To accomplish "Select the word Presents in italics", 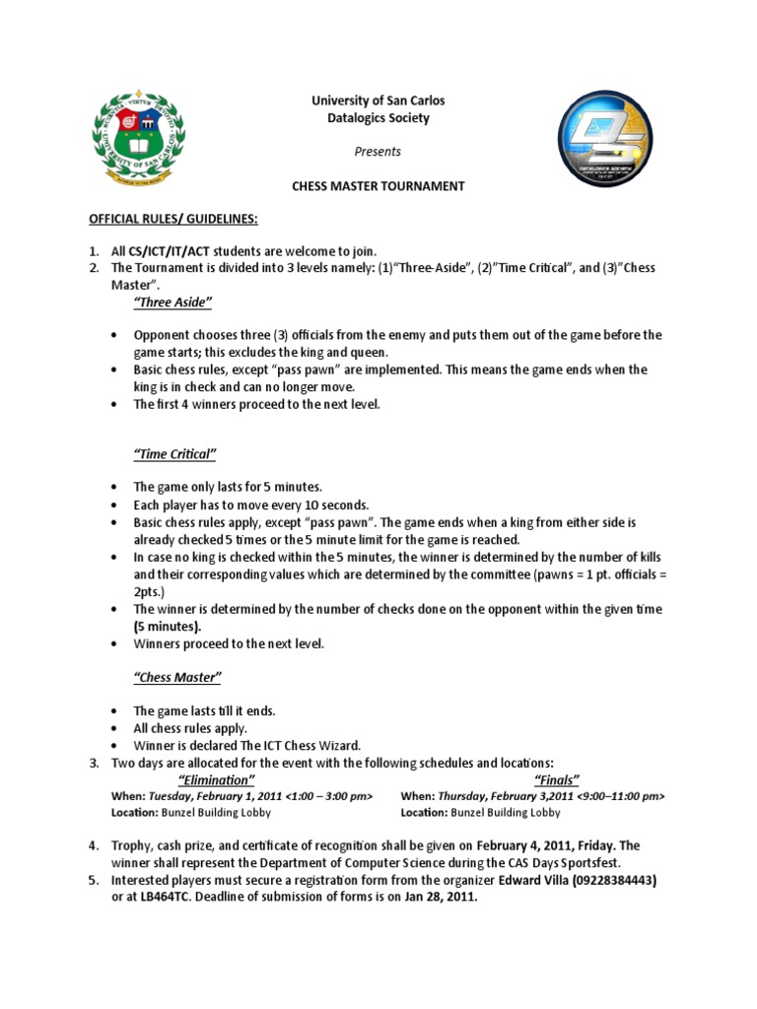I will click(378, 152).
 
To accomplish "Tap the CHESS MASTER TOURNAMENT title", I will click(378, 186).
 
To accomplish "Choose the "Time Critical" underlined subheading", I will click(173, 453).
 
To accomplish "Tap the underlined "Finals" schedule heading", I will click(557, 779).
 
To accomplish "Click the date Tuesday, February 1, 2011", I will click(212, 796).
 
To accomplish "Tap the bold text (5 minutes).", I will click(167, 626).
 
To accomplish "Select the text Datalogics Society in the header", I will click(378, 117).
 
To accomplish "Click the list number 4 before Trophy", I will click(93, 845).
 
